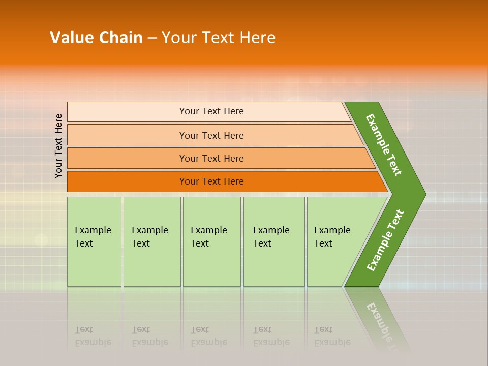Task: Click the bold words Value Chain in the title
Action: (96, 38)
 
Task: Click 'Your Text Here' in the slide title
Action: (219, 38)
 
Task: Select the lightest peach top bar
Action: (127, 111)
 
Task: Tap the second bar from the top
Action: (127, 135)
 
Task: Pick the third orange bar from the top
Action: (127, 158)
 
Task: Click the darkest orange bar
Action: (127, 181)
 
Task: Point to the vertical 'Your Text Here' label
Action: (59, 146)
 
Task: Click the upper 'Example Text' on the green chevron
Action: (384, 145)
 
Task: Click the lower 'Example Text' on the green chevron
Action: (385, 240)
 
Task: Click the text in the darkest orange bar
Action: (211, 181)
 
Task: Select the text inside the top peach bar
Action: (211, 111)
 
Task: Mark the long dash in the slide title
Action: (152, 38)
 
